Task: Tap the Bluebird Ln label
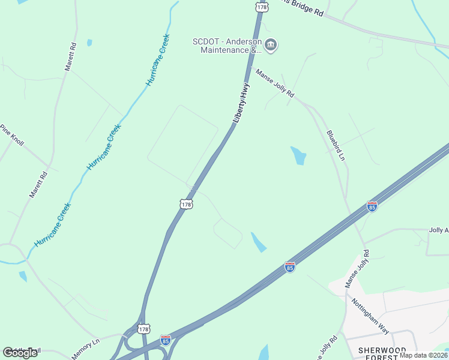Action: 336,145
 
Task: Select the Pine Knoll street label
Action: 11,135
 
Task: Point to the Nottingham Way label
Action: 371,316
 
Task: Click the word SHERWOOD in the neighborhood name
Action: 382,350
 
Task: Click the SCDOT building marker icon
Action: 271,46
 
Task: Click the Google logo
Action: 20,352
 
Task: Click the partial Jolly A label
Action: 439,230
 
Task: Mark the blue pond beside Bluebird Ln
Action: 298,155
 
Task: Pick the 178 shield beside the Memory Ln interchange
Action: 143,329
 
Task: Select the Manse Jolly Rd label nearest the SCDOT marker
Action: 275,83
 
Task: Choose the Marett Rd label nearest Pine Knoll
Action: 38,186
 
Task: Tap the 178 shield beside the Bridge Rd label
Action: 261,6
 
